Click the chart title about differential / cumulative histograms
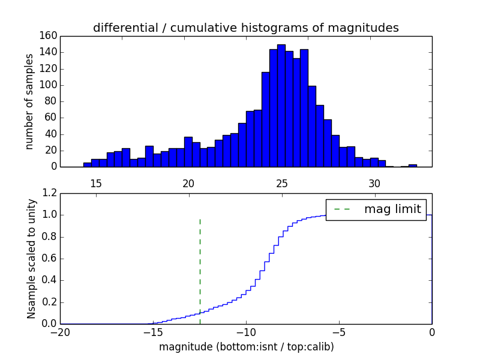coord(246,28)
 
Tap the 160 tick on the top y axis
coord(49,36)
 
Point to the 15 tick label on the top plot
coord(96,183)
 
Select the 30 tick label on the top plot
coord(375,183)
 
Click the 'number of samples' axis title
coord(29,101)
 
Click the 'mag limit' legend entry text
coord(392,209)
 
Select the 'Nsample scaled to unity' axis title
coord(31,259)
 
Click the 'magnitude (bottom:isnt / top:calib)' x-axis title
coord(246,347)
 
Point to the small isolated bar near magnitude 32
coord(413,165)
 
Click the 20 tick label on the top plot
coord(189,183)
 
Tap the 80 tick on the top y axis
coord(51,101)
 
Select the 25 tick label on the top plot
coord(282,183)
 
